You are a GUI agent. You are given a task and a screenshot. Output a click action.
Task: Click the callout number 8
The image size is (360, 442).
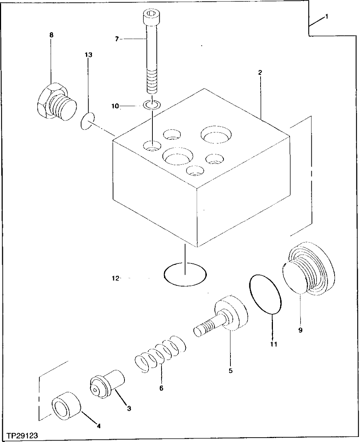(x=51, y=35)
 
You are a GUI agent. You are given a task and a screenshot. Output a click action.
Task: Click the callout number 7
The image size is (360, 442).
(x=117, y=39)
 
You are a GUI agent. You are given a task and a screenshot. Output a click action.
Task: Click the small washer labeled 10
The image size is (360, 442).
(x=151, y=105)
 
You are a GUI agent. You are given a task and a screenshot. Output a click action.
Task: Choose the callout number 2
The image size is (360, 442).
(x=260, y=73)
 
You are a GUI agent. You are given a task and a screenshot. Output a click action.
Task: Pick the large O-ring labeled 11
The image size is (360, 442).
(x=266, y=294)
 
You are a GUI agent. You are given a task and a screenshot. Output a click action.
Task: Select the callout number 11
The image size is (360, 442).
(x=273, y=344)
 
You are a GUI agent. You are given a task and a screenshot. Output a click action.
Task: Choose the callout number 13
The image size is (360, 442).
(x=89, y=55)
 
